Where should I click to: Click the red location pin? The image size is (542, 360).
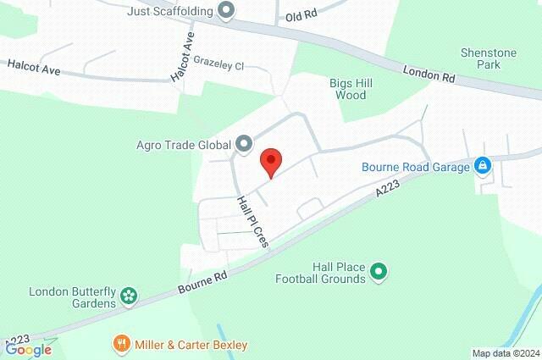270,161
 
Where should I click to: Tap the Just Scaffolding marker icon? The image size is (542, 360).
226,11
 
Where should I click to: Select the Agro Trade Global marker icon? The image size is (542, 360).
244,143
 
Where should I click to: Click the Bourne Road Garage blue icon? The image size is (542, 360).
482,166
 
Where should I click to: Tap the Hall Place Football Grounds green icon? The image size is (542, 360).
379,271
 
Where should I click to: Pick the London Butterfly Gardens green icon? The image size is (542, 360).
128,296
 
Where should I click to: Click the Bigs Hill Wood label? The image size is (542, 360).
346,89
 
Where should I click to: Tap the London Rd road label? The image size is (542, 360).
429,75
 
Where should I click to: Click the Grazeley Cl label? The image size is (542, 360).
218,65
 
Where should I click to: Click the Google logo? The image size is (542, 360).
28,349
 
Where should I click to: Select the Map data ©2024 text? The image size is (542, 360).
505,353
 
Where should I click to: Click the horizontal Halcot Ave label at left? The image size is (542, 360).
34,68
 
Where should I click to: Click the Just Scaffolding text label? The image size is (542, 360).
170,12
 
